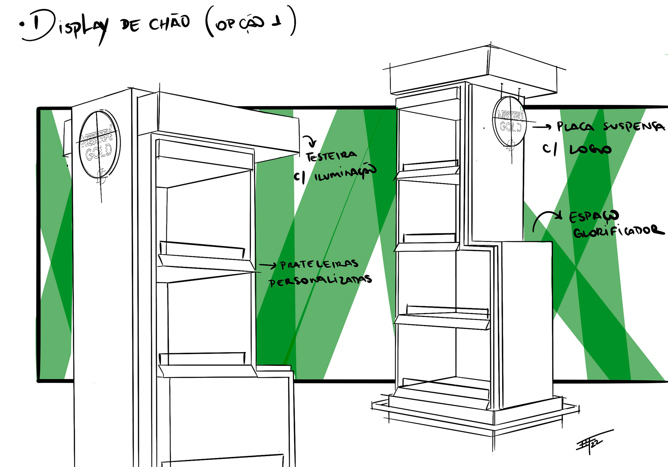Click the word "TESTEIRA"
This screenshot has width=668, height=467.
click(x=331, y=156)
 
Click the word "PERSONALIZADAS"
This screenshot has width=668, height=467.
click(x=320, y=281)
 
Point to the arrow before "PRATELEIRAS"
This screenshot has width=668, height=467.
click(x=268, y=266)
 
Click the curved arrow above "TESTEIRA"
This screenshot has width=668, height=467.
click(x=310, y=141)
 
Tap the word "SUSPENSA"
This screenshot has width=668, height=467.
click(x=634, y=126)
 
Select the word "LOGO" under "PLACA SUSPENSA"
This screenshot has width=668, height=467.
click(x=590, y=149)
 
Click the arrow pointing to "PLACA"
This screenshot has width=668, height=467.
click(x=542, y=127)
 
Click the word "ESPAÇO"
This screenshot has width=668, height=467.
click(x=594, y=216)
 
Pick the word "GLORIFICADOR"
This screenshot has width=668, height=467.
click(x=619, y=231)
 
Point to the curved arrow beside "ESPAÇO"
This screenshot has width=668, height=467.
click(x=546, y=219)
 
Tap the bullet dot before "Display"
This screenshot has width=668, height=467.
click(x=23, y=25)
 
